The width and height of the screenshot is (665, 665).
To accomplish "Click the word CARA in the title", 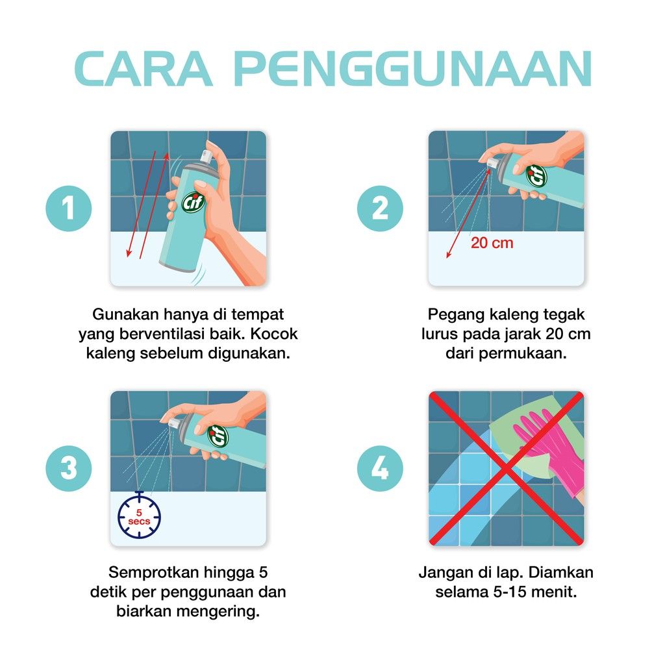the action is [143, 69].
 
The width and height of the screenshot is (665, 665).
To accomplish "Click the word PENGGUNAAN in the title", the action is [412, 69].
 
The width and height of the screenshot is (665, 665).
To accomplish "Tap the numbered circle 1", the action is [69, 208].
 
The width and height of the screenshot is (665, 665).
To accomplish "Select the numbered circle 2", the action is [380, 208].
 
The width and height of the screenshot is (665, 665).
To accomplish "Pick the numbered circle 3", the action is [69, 468].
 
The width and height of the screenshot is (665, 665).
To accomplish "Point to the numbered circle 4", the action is [380, 468].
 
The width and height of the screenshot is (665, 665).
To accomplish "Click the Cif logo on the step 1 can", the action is [194, 202].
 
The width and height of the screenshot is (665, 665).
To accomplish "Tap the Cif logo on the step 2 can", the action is [536, 175].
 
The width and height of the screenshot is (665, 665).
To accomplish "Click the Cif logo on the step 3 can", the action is [218, 436].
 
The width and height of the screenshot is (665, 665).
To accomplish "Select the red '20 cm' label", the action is [492, 243].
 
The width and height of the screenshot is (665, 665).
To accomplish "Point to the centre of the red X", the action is [506, 468].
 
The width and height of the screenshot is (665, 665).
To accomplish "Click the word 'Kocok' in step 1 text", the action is [274, 334].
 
